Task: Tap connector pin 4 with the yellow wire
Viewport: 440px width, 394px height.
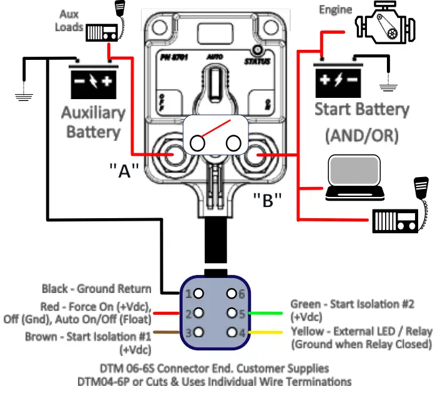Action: pyautogui.click(x=233, y=332)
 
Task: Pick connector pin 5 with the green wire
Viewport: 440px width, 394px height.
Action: pyautogui.click(x=233, y=312)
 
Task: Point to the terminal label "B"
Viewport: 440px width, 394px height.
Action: pyautogui.click(x=268, y=199)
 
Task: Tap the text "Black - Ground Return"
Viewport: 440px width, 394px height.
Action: pyautogui.click(x=96, y=289)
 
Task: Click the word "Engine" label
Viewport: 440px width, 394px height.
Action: pyautogui.click(x=335, y=10)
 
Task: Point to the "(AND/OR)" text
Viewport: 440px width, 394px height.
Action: pyautogui.click(x=361, y=135)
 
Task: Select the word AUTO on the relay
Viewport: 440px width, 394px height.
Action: pyautogui.click(x=214, y=55)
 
